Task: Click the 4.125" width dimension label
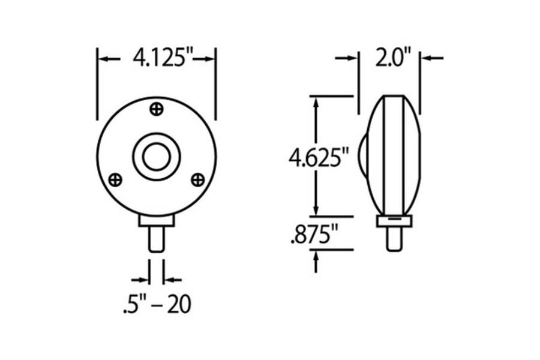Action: click(x=157, y=59)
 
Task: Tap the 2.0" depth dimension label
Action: click(x=393, y=59)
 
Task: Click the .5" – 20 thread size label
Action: click(x=156, y=304)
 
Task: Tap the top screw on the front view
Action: click(x=157, y=109)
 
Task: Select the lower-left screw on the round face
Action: click(x=116, y=179)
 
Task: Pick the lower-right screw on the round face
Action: click(x=197, y=179)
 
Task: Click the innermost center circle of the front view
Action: click(x=157, y=157)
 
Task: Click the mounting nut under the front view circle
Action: click(x=157, y=220)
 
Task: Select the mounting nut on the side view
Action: click(x=394, y=221)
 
